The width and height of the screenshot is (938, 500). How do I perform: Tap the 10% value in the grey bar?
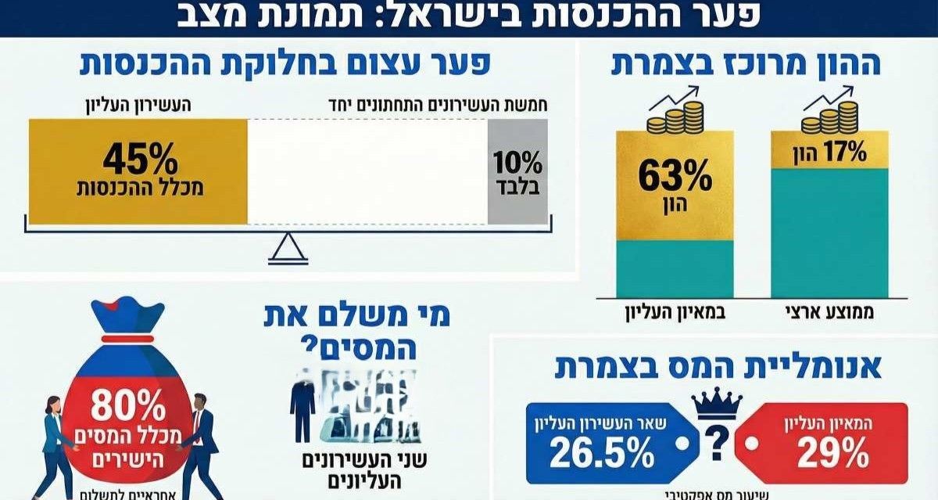(517, 164)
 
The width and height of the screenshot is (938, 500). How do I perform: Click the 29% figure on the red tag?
(832, 453)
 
